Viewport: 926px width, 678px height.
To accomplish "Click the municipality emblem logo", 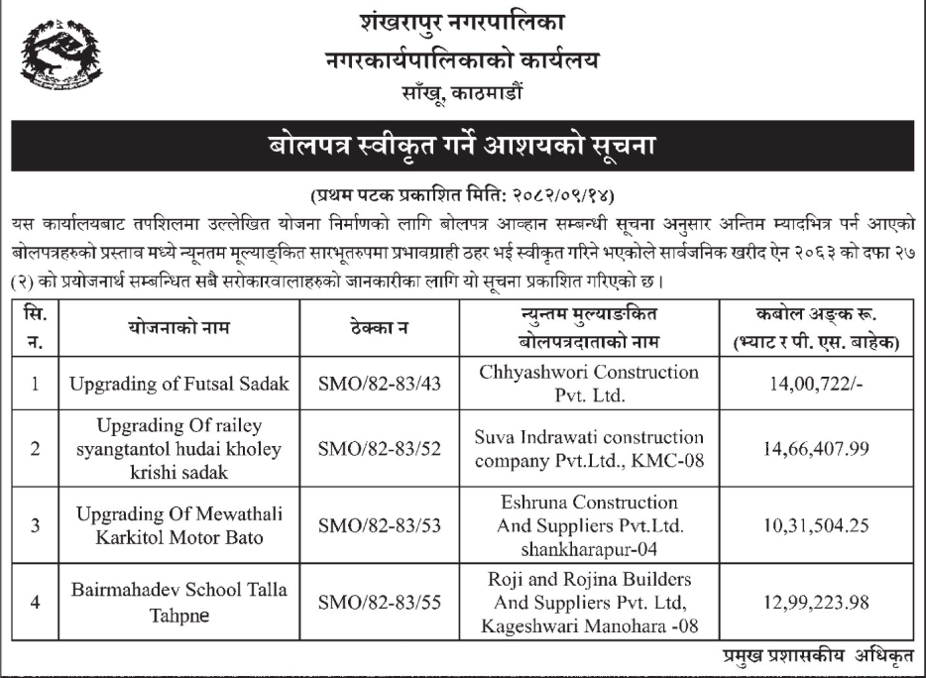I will (60, 61).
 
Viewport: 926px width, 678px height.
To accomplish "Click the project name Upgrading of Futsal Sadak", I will (179, 384).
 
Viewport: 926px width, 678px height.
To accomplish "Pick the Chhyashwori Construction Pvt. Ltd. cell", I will (589, 383).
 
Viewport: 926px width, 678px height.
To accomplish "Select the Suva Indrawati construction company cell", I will (589, 448).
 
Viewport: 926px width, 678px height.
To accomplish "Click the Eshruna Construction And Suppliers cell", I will (589, 524).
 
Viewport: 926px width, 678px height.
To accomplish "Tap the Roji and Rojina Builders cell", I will (589, 602).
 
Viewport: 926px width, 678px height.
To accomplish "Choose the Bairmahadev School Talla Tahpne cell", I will (179, 602).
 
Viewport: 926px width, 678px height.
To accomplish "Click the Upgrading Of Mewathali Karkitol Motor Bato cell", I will (179, 524).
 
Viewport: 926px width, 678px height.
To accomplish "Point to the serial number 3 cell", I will (35, 524).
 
